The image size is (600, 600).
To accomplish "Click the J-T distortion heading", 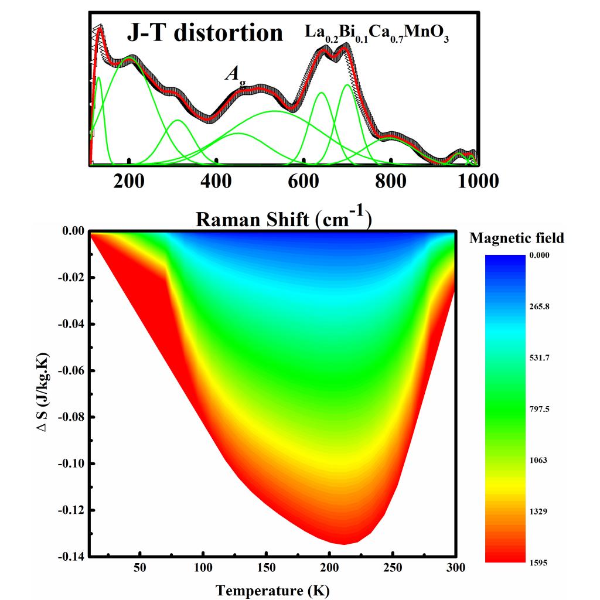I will click(204, 33).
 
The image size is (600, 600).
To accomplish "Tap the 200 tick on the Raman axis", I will click(129, 181).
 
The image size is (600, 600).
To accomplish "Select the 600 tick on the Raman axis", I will click(304, 181).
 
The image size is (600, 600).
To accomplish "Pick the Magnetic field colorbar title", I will click(517, 238).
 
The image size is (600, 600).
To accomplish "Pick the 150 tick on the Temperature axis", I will click(266, 568).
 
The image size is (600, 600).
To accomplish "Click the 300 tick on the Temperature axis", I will click(455, 568).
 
